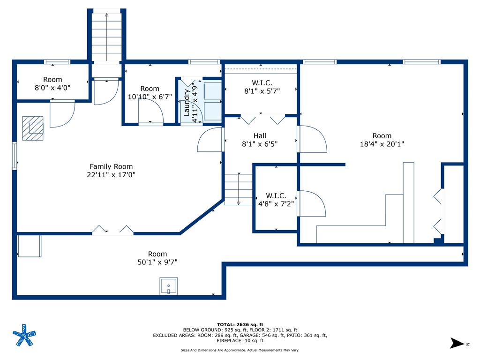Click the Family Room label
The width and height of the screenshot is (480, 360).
point(111,171)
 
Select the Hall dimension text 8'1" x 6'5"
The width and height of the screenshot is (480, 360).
point(260,144)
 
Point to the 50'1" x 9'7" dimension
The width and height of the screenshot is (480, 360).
point(157,262)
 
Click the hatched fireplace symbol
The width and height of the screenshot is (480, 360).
point(33,128)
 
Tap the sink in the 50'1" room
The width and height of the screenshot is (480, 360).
point(169,286)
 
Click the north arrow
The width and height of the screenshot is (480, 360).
point(457,343)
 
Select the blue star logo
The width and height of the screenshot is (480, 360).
point(24,335)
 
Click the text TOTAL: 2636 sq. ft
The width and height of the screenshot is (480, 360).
point(240,324)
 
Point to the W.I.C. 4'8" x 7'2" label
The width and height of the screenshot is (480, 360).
point(276,200)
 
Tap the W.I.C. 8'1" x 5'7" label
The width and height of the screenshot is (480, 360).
point(262,87)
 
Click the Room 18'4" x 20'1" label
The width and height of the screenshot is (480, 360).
point(382,140)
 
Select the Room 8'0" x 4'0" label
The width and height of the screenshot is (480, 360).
point(52,83)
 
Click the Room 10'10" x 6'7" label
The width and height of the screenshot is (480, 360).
point(150,93)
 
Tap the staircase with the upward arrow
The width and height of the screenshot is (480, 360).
point(106,37)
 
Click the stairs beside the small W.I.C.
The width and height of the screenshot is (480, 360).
point(239,189)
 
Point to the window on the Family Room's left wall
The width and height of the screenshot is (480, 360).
point(15,156)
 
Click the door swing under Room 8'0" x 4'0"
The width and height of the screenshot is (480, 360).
point(62,113)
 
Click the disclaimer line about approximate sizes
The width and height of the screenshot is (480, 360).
point(240,350)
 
